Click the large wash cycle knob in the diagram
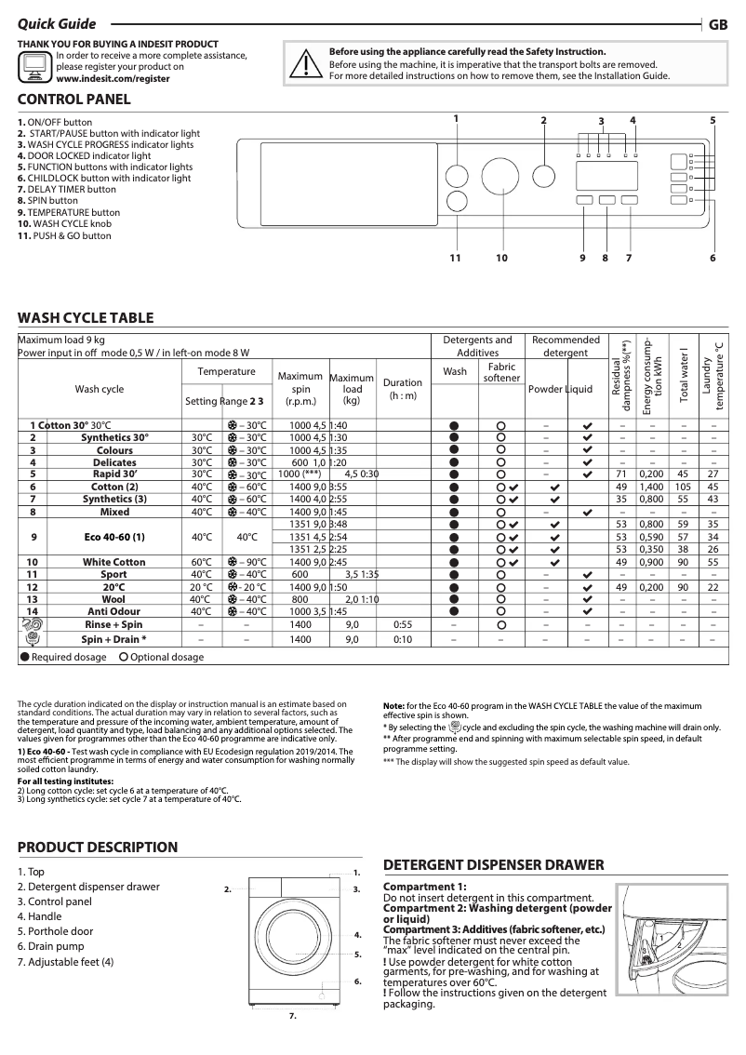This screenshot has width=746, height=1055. [x=500, y=176]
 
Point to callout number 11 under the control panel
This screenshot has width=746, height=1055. [x=456, y=258]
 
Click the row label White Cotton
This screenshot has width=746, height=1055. [x=113, y=562]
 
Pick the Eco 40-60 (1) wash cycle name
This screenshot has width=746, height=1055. [x=113, y=537]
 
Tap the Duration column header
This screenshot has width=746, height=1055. [x=402, y=389]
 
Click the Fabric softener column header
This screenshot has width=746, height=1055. [x=501, y=372]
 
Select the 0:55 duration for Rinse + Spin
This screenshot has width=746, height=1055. [x=402, y=624]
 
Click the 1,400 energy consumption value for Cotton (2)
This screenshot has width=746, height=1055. [x=651, y=487]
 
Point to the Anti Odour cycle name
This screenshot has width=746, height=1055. [x=113, y=611]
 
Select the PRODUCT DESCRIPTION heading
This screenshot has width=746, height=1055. [x=98, y=847]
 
